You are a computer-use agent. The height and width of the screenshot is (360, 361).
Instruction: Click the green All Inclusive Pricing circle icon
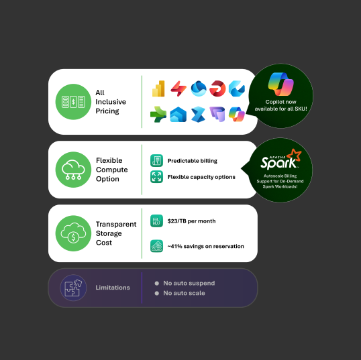(73, 102)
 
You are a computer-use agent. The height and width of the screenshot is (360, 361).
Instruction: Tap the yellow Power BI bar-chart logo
(158, 88)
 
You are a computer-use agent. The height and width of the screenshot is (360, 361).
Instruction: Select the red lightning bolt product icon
(178, 88)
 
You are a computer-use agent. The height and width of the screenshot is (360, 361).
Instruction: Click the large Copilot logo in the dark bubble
(280, 84)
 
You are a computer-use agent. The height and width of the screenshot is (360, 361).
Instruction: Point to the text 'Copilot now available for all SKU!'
(280, 105)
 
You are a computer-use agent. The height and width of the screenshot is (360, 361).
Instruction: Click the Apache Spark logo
(281, 160)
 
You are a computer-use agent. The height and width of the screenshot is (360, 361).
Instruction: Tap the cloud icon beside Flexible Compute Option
(73, 170)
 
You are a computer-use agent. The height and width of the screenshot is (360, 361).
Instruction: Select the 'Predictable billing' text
(192, 161)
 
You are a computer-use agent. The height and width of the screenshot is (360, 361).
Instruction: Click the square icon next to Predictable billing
(156, 160)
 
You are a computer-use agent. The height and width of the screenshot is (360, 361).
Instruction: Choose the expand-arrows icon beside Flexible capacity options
(156, 177)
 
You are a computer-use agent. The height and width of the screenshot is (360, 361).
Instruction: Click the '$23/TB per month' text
(191, 221)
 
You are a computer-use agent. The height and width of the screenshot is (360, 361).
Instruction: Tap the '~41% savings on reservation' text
(205, 246)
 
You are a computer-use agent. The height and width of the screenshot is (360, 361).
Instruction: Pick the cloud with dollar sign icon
(73, 233)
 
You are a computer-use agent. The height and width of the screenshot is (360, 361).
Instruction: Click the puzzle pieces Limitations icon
(73, 288)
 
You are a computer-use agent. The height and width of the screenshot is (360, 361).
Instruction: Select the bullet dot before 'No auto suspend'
(157, 283)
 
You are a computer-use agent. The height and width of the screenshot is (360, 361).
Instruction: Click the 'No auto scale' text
(184, 293)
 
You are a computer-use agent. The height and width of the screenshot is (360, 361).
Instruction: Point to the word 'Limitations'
(113, 288)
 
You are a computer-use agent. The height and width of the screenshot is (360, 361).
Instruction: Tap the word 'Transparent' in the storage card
(116, 224)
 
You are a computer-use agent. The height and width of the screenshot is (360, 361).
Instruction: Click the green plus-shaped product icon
(158, 115)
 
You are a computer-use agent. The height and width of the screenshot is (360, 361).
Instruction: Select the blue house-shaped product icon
(178, 115)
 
